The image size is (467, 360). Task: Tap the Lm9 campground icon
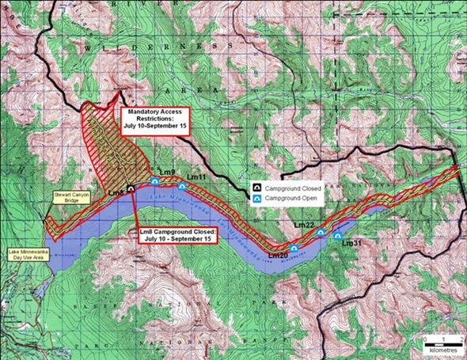click(x=154, y=182)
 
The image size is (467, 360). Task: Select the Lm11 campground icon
click(x=183, y=186)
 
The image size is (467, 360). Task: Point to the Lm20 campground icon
click(x=294, y=248)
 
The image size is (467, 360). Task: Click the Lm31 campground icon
click(x=338, y=236)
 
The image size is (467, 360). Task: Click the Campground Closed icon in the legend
click(x=257, y=188)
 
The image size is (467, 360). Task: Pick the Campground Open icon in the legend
click(x=257, y=199)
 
